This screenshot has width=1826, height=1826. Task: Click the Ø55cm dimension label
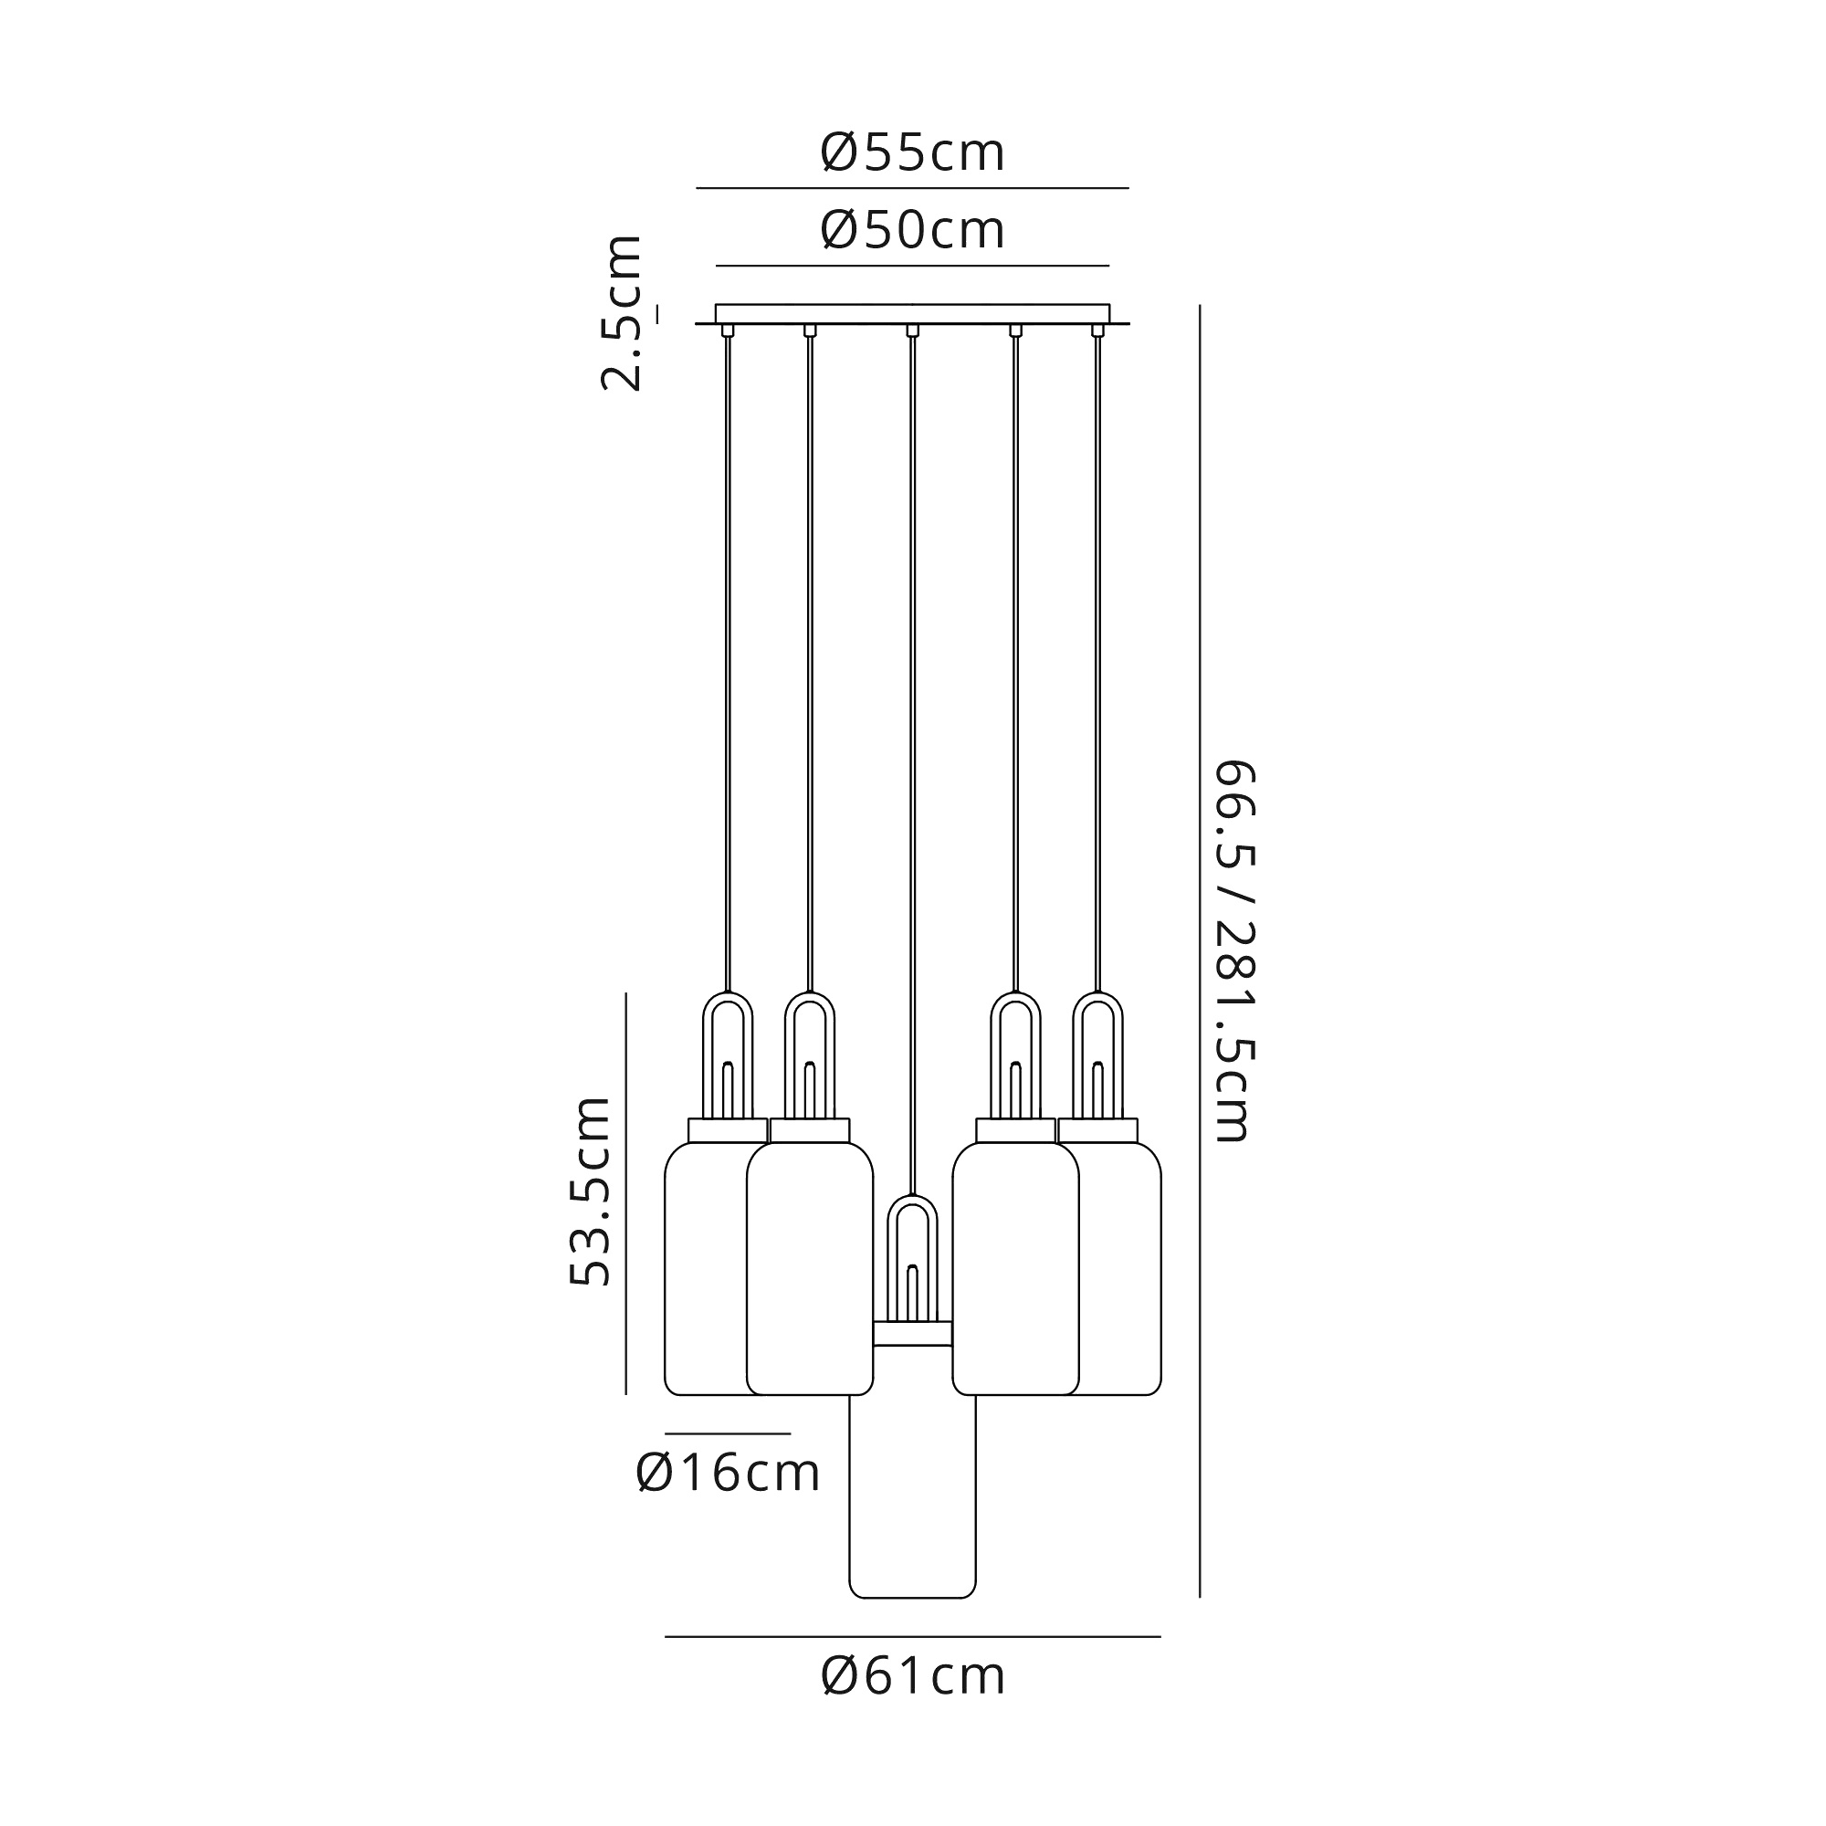coord(912,152)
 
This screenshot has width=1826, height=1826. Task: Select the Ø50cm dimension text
coord(912,230)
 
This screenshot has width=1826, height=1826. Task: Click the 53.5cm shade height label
coord(591,1190)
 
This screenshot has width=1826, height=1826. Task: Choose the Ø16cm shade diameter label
coord(728,1472)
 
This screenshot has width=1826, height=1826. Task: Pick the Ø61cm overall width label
coord(912,1675)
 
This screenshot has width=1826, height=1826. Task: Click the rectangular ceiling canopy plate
coord(912,314)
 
